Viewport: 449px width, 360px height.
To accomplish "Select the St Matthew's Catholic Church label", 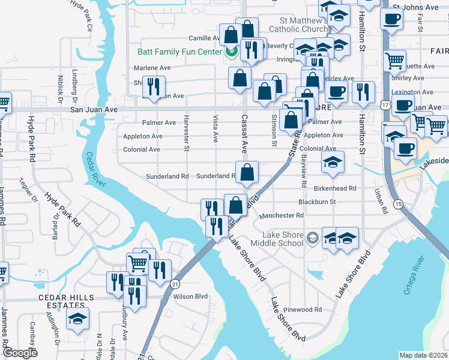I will point(298,24).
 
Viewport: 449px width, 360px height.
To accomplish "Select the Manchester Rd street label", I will point(282,215).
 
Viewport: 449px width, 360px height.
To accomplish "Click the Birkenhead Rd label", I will point(336,188).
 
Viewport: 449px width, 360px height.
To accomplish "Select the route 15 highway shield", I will point(397,205).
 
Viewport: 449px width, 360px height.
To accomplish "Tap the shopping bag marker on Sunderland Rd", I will point(247,173).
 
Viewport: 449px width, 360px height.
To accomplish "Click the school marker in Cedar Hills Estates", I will point(77,319).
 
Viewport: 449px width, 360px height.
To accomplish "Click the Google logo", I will point(20,353).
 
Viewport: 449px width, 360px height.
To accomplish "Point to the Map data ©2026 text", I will point(423,355).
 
